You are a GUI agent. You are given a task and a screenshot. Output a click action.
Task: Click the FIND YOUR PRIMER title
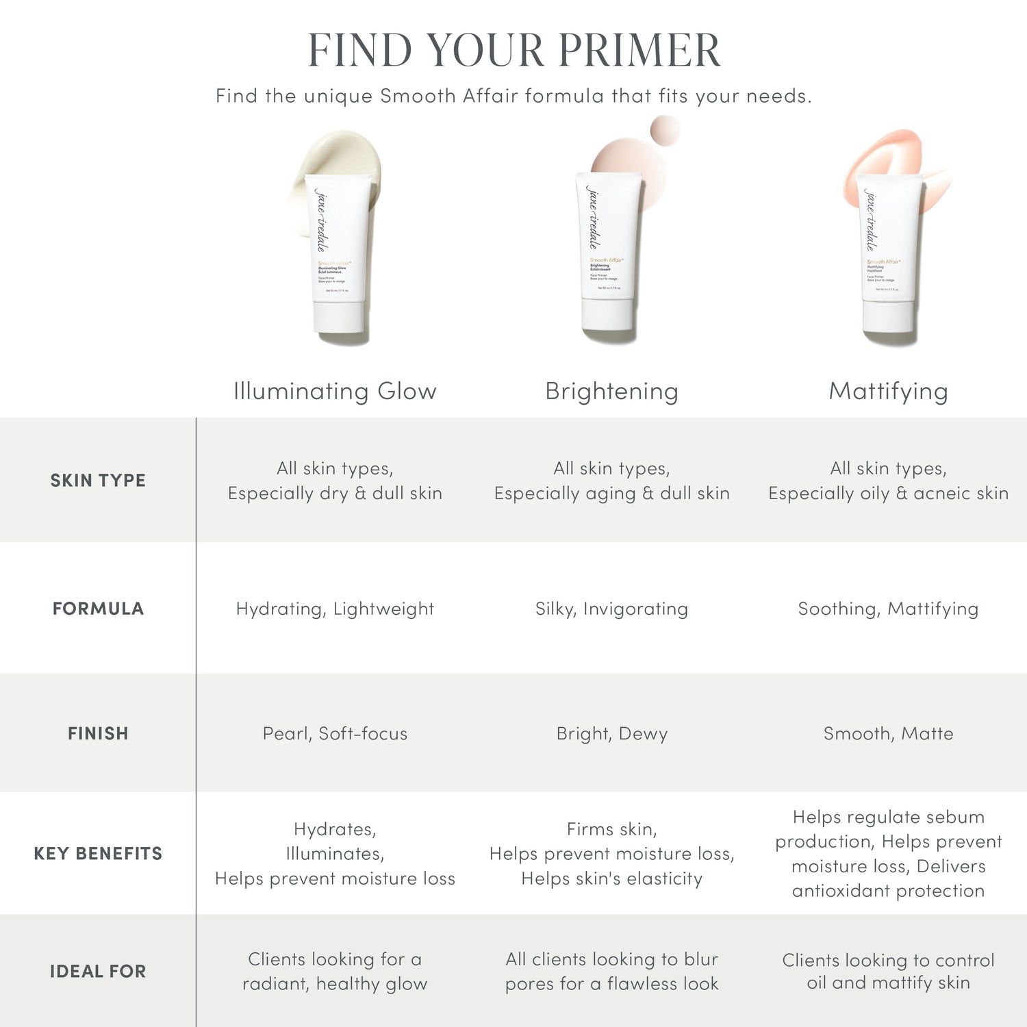(513, 50)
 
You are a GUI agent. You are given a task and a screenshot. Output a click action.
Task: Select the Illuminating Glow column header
(335, 391)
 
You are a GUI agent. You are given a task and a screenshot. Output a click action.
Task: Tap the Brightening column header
(611, 391)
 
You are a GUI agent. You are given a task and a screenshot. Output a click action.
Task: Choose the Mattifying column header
(888, 391)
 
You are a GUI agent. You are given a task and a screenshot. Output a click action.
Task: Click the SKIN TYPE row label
(98, 481)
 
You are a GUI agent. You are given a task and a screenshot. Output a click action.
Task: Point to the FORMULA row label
(98, 609)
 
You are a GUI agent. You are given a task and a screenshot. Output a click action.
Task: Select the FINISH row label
(98, 733)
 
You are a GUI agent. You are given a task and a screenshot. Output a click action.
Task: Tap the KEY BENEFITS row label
(98, 853)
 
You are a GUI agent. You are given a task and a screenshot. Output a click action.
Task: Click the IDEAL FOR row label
(98, 971)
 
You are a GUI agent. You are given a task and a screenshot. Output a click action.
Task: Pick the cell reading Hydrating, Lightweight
(335, 609)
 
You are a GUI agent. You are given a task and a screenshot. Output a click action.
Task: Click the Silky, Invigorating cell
(611, 609)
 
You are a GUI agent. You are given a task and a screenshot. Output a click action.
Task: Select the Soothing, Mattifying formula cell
(888, 609)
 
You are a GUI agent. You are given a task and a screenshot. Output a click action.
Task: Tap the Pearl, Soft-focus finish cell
(335, 733)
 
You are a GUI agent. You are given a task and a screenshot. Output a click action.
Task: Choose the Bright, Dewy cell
(611, 733)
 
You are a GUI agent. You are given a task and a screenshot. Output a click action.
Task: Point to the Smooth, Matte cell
(888, 733)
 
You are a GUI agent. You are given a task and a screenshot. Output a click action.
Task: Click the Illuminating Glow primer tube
(340, 260)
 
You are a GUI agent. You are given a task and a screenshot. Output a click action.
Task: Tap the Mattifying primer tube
(888, 257)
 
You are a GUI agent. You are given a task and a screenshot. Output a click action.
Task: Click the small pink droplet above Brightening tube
(665, 130)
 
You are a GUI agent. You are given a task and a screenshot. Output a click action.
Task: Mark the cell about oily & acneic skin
(888, 481)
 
